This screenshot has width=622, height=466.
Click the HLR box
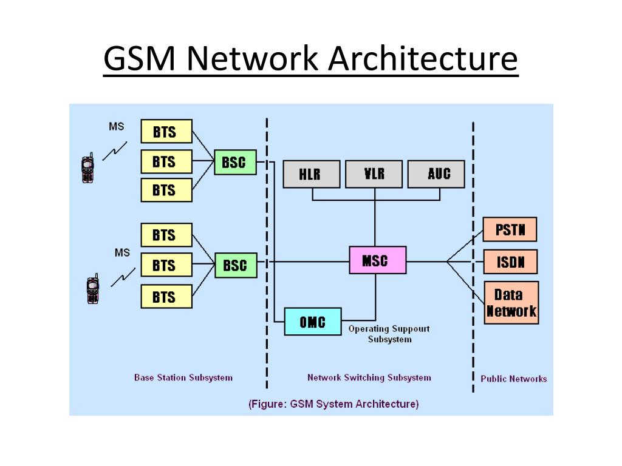tap(312, 174)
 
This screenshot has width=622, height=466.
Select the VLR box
tap(374, 174)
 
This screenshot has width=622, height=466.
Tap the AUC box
tap(436, 174)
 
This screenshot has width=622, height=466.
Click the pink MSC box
tap(378, 260)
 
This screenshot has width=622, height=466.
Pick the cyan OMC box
tap(313, 322)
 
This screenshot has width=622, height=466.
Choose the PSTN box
tap(510, 229)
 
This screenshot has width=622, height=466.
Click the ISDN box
tap(510, 262)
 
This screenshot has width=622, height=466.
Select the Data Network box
tap(511, 303)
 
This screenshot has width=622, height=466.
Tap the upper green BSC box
tap(235, 162)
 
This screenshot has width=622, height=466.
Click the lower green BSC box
tap(236, 265)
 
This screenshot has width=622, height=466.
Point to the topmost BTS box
tap(166, 131)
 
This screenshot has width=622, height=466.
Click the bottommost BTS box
tap(166, 296)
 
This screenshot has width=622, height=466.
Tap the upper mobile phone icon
tap(87, 168)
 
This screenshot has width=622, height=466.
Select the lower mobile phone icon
tap(93, 289)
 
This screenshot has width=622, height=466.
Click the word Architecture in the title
tap(423, 58)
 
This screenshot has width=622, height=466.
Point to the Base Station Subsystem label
tap(183, 377)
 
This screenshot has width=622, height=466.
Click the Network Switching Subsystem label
tap(369, 377)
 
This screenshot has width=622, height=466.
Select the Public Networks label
tap(514, 379)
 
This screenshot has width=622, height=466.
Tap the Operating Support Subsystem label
tap(389, 334)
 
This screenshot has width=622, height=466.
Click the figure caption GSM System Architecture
tap(333, 404)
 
